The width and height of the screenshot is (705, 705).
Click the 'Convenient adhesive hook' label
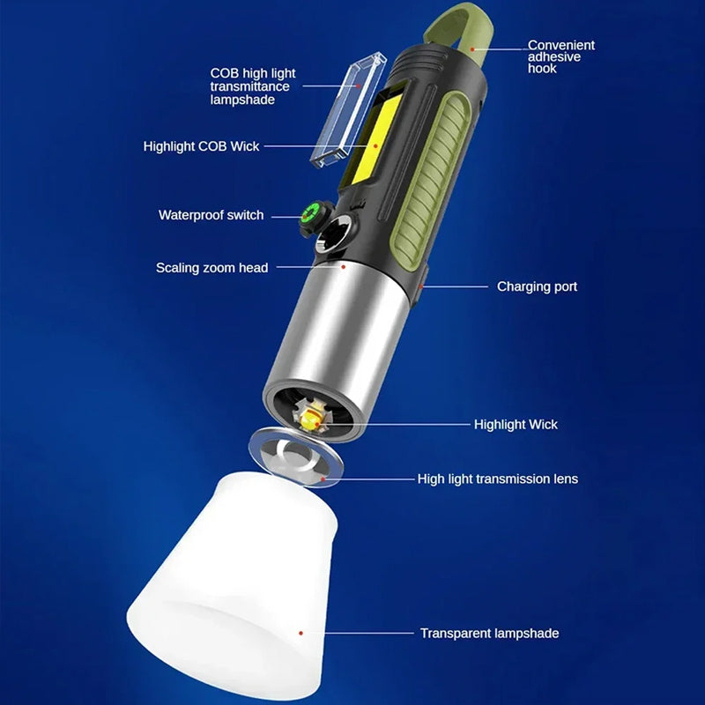[x=560, y=56]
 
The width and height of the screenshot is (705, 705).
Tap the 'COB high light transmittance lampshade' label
[x=253, y=86]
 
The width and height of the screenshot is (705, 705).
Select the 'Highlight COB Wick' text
[x=201, y=146]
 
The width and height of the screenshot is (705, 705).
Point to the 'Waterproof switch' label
[x=211, y=215]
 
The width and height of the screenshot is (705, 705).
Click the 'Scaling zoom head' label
[x=211, y=268]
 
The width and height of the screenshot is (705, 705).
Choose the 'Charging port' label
[x=537, y=286]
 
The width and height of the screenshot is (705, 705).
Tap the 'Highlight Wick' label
[x=516, y=425]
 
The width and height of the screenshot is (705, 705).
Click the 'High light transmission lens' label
[x=498, y=479]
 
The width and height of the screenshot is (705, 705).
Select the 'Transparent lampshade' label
[x=490, y=633]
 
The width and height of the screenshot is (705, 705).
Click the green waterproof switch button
[x=310, y=211]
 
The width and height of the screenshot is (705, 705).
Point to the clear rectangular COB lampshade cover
[x=348, y=110]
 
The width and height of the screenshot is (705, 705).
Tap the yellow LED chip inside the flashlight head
[x=310, y=420]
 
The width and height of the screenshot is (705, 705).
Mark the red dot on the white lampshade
[x=301, y=633]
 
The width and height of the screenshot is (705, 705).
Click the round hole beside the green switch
[x=335, y=233]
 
